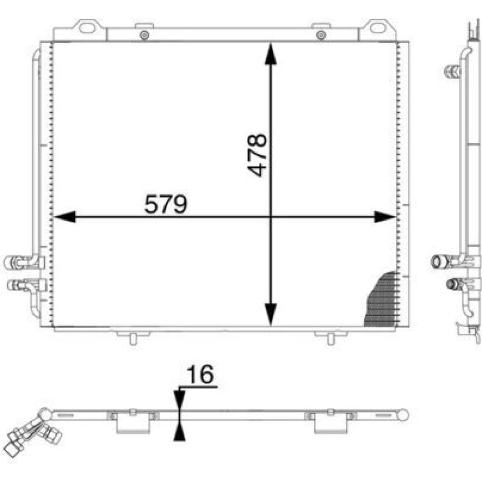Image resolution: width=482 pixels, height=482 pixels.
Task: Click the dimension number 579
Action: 166,204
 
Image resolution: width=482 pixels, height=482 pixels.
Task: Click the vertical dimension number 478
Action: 257,155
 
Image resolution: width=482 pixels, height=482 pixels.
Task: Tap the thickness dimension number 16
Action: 200,374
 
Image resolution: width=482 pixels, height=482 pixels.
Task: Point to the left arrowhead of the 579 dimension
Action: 65,217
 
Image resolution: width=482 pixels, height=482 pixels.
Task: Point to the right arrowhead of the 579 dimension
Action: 385,217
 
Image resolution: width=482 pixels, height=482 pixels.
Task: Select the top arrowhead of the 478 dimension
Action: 270,54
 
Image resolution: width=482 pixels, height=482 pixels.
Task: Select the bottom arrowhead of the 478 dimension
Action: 270,314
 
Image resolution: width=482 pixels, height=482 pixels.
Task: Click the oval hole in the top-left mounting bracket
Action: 87,27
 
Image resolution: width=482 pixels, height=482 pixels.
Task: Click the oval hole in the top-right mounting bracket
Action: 378,27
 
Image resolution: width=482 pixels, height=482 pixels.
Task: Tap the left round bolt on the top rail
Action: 144,35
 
